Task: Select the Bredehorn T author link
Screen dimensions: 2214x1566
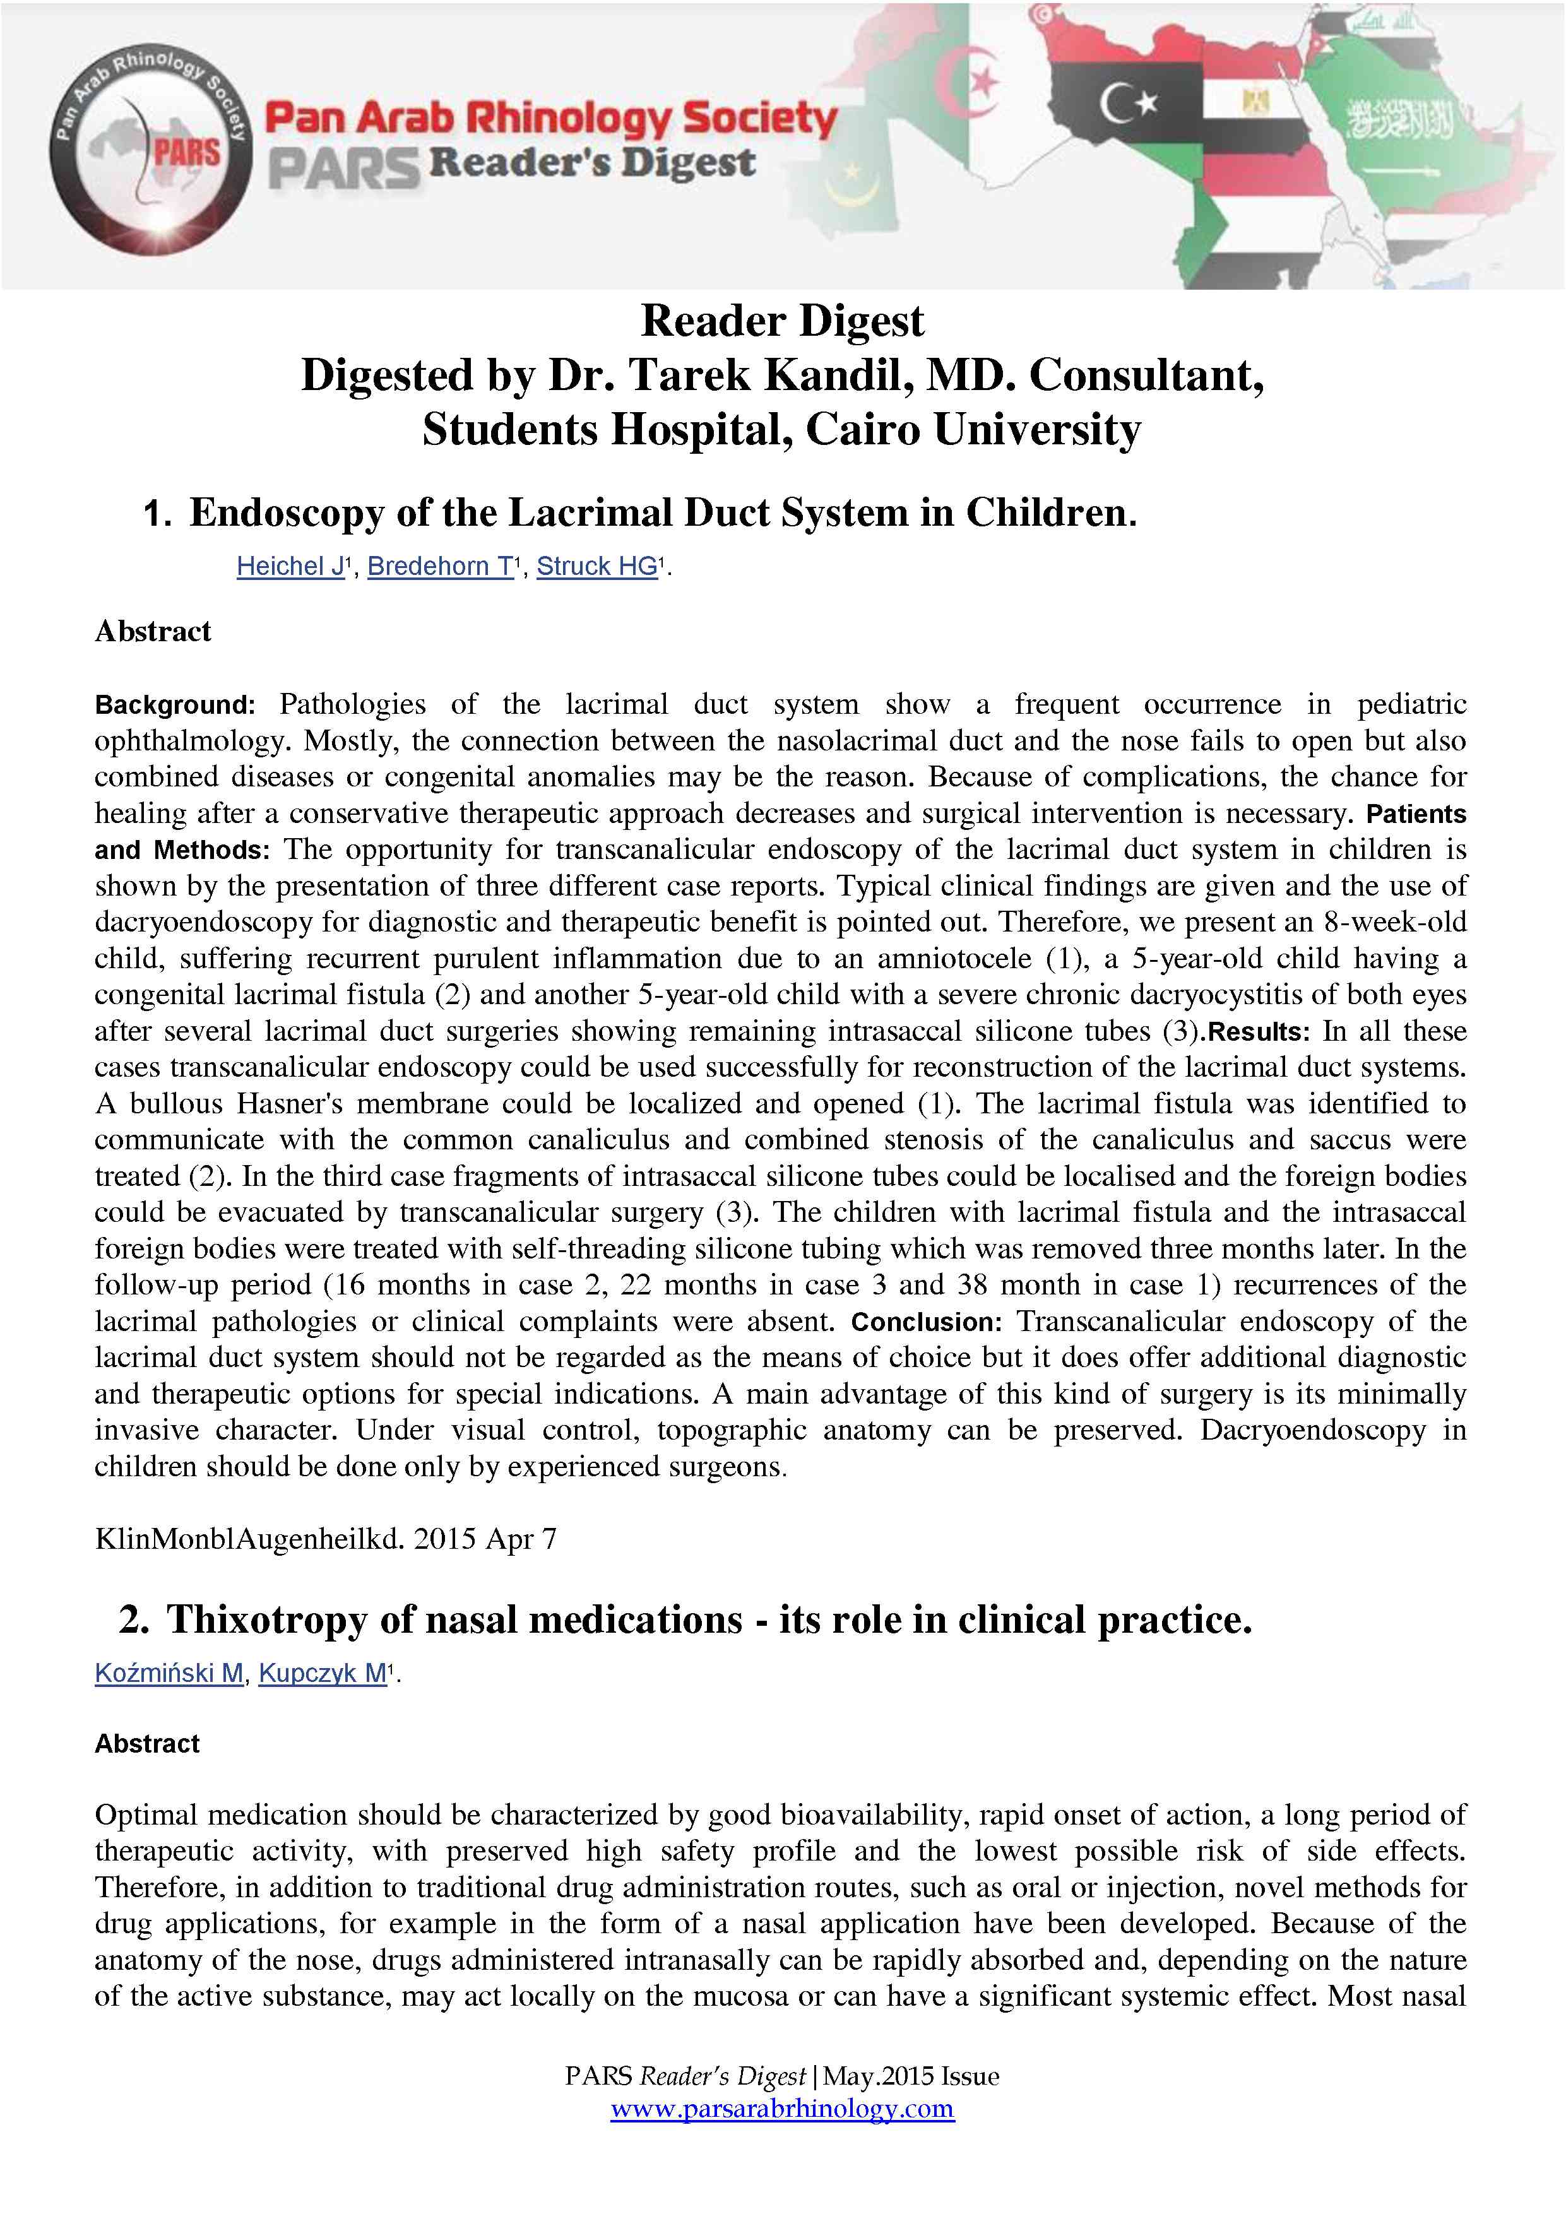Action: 441,566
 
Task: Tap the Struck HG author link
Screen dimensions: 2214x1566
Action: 597,566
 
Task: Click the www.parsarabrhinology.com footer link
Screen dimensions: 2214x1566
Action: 782,2108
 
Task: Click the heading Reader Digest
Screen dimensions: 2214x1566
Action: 782,321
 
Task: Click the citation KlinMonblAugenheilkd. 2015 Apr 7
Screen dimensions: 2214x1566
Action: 325,1538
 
